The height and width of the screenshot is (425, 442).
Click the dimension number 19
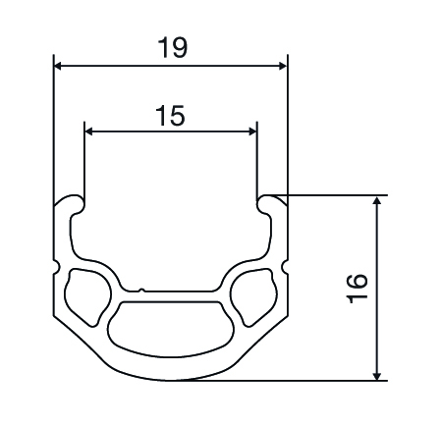point(173,48)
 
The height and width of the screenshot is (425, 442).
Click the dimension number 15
point(170,116)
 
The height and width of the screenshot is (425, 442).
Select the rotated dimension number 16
point(358,289)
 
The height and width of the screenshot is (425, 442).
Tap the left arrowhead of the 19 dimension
point(58,66)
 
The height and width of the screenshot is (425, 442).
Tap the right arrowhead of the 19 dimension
point(282,66)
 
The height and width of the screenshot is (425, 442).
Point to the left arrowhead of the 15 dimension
point(89,132)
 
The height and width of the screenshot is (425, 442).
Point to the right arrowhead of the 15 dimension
point(252,132)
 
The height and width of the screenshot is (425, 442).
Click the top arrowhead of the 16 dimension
point(377,200)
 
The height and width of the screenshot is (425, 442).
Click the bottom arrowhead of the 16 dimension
point(377,376)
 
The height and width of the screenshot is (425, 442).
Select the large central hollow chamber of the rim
point(171,328)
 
